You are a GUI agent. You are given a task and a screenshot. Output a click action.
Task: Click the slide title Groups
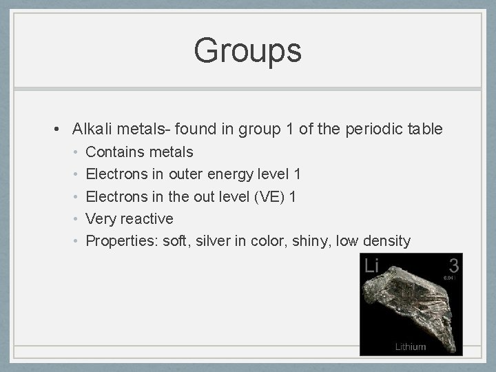pyautogui.click(x=247, y=50)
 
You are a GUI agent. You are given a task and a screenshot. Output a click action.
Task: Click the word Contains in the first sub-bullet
pyautogui.click(x=112, y=152)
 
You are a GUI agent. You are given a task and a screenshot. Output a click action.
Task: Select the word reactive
pyautogui.click(x=147, y=218)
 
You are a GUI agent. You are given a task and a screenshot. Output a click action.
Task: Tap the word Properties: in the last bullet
pyautogui.click(x=121, y=241)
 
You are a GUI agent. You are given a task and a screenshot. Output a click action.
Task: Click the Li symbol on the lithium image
pyautogui.click(x=372, y=265)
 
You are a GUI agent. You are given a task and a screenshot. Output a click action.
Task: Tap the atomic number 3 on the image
pyautogui.click(x=453, y=264)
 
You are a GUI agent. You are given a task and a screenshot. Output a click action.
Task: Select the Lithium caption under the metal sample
pyautogui.click(x=411, y=347)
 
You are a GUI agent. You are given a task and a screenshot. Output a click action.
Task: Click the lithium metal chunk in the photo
pyautogui.click(x=410, y=303)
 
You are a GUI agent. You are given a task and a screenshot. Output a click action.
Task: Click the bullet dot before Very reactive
pyautogui.click(x=77, y=219)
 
